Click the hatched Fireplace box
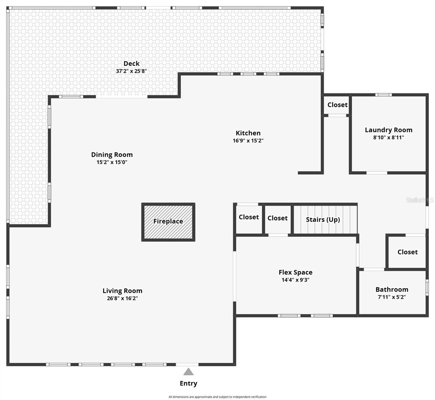pyautogui.click(x=168, y=222)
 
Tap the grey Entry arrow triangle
pyautogui.click(x=188, y=372)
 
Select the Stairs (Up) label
pyautogui.click(x=323, y=220)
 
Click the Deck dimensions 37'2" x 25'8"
pyautogui.click(x=131, y=71)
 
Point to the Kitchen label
pyautogui.click(x=248, y=133)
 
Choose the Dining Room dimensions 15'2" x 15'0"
pyautogui.click(x=112, y=162)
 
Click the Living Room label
pyautogui.click(x=122, y=291)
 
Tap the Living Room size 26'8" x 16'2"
pyautogui.click(x=122, y=298)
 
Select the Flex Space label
pyautogui.click(x=295, y=272)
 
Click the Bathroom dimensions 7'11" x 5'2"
pyautogui.click(x=392, y=297)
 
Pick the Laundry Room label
pyautogui.click(x=388, y=130)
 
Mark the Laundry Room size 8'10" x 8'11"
pyautogui.click(x=388, y=137)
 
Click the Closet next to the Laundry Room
pyautogui.click(x=337, y=105)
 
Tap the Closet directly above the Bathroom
pyautogui.click(x=407, y=252)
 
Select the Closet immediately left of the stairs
pyautogui.click(x=277, y=218)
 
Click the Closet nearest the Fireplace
pyautogui.click(x=249, y=217)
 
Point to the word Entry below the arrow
pyautogui.click(x=188, y=383)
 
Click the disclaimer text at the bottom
pyautogui.click(x=217, y=397)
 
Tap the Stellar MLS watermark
pyautogui.click(x=420, y=200)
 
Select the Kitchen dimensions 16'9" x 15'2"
pyautogui.click(x=248, y=141)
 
